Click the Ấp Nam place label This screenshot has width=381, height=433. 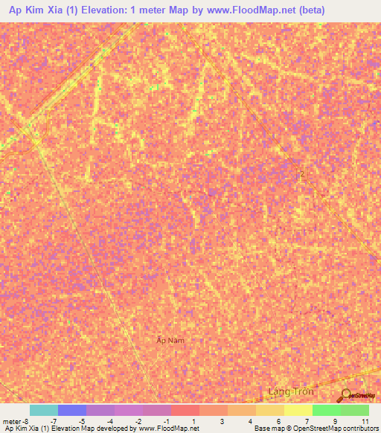click(170, 340)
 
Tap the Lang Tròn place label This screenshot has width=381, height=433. click(291, 391)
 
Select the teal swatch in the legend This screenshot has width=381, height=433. click(44, 410)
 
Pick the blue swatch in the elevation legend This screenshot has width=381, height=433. click(72, 410)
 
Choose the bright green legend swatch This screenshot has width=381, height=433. click(326, 410)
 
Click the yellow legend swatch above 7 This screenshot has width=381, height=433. click(298, 410)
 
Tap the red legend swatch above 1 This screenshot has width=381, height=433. click(185, 410)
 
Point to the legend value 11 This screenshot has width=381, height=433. click(365, 421)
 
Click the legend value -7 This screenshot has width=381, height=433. click(54, 421)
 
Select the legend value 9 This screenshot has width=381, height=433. click(336, 421)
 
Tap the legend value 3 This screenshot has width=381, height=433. click(222, 421)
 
